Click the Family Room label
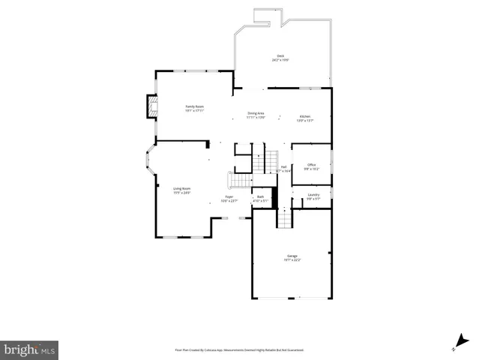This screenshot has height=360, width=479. coord(195,106)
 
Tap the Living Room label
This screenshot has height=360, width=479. coord(182,189)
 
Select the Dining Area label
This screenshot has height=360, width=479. coord(256,113)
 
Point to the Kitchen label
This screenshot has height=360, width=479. coord(305,115)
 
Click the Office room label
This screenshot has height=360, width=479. coord(311,165)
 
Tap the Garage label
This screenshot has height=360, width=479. coord(292,256)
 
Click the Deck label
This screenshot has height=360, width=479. coord(280,56)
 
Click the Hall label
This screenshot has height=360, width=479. coord(283,167)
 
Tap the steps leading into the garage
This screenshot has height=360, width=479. coord(284,219)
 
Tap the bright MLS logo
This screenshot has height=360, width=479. coord(30,349)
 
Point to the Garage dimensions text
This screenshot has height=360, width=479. coord(292,260)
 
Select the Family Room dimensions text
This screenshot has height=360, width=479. coord(195,111)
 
